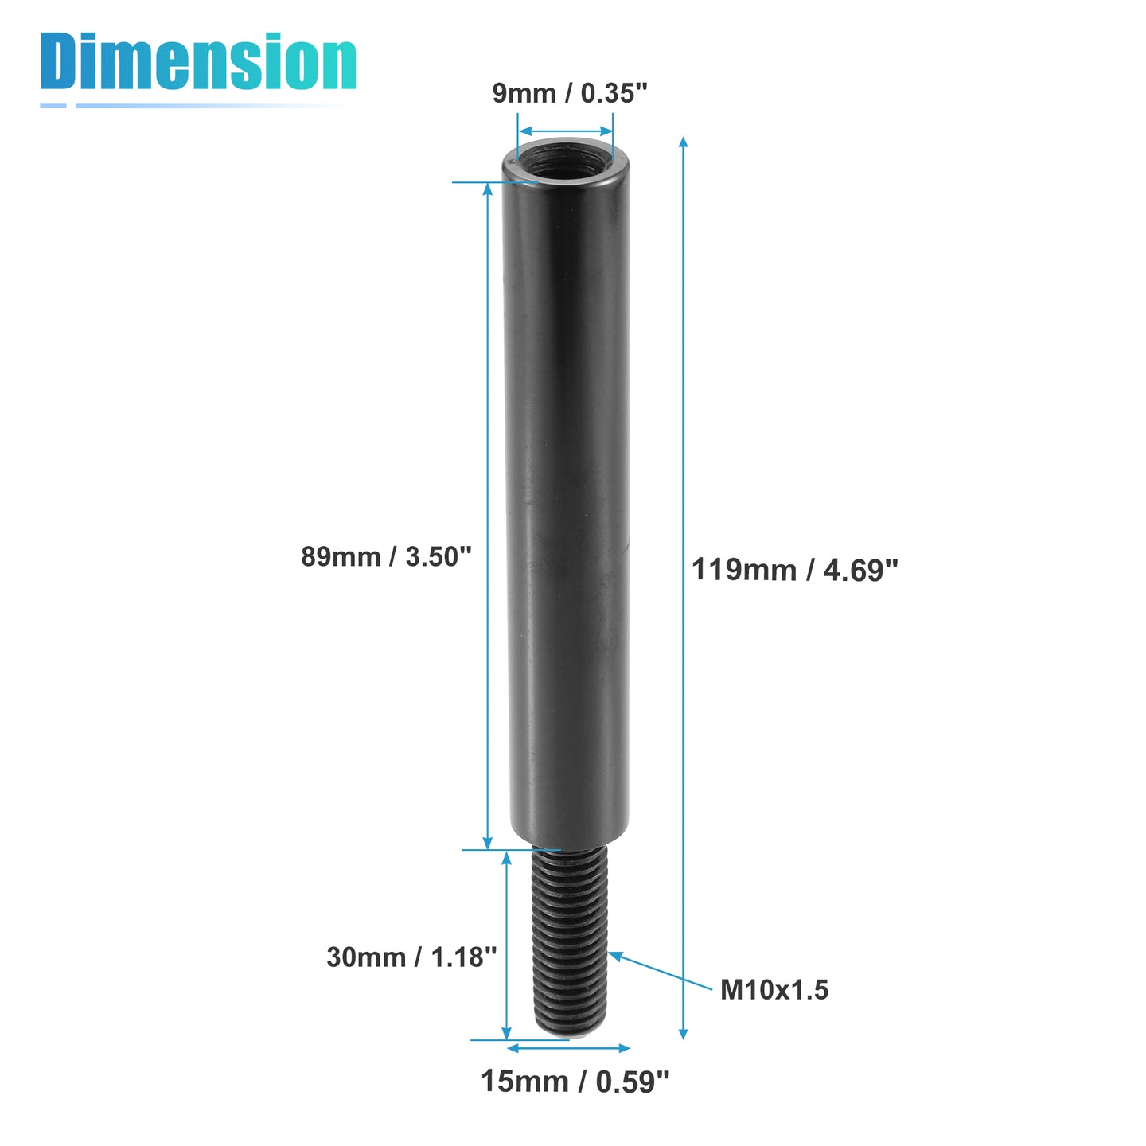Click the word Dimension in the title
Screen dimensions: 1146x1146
point(198,61)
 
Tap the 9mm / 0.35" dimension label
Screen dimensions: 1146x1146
point(569,93)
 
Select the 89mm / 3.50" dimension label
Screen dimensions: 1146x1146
point(386,557)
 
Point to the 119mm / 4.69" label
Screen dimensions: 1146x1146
point(794,570)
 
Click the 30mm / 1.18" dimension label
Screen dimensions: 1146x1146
point(411,957)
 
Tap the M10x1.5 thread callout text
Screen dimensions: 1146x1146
point(774,990)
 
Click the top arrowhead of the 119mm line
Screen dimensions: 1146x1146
point(684,142)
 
